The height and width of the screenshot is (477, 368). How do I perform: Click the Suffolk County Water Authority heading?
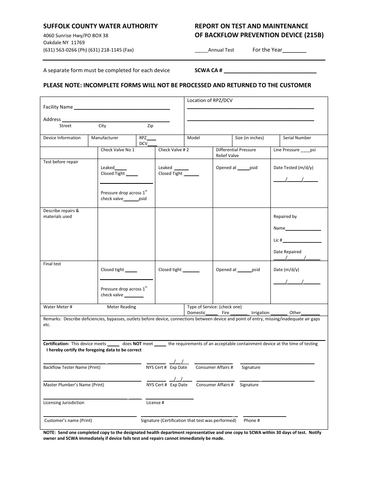(100, 26)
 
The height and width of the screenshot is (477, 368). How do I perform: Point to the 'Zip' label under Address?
(150, 126)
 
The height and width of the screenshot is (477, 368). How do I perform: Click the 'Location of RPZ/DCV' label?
(210, 100)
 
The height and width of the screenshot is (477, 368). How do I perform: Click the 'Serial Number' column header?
(297, 138)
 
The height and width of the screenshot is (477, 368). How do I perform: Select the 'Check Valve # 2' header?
(174, 150)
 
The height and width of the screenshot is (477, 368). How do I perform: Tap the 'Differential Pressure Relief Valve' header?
(236, 152)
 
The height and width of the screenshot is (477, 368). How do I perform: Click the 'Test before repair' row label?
(61, 162)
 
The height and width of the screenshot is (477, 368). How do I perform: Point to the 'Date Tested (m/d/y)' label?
(293, 168)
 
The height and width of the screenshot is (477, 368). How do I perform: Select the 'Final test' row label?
(52, 264)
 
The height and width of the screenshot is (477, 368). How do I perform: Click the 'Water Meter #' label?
(58, 307)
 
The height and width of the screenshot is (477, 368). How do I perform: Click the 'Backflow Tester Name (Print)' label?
(72, 367)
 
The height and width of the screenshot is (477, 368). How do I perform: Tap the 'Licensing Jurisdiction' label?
(64, 403)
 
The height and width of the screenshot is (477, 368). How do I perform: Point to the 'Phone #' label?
(252, 420)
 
